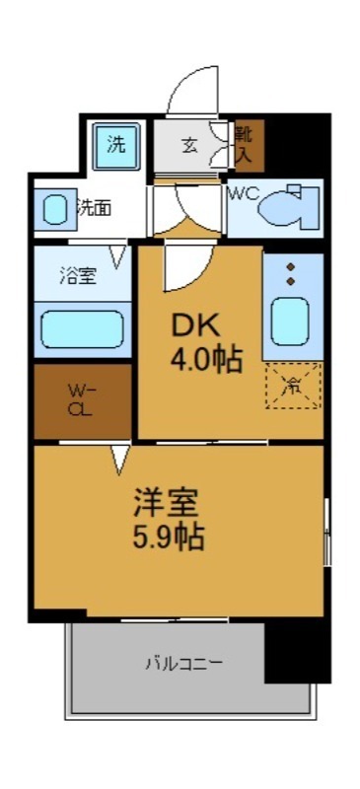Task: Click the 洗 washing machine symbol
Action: tap(116, 146)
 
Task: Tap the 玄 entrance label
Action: tap(189, 145)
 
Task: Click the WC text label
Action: tap(244, 194)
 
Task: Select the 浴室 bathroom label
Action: tap(77, 277)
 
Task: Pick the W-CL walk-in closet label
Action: tap(82, 399)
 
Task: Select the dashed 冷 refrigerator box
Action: tap(293, 386)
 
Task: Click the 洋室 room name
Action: tap(167, 502)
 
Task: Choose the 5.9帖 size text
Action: tap(169, 538)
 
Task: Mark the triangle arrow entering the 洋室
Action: tap(120, 457)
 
